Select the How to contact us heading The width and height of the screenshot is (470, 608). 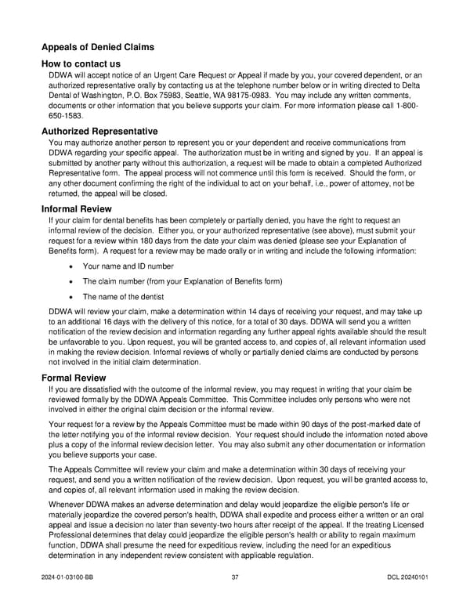point(81,63)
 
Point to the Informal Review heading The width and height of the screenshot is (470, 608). point(76,209)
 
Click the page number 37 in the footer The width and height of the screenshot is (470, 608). point(235,577)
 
